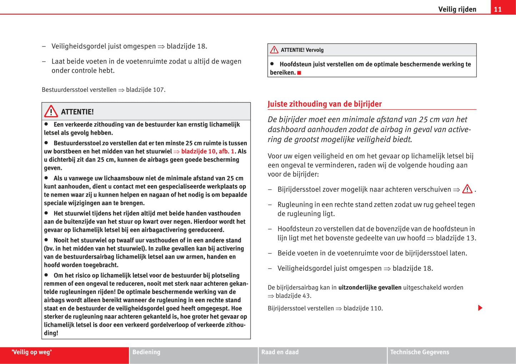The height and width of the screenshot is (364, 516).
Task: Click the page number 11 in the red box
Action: click(x=498, y=9)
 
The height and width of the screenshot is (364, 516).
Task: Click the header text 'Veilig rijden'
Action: click(x=457, y=9)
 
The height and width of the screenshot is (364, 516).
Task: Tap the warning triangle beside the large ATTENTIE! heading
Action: click(x=51, y=111)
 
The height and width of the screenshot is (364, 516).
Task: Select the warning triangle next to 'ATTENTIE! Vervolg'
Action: click(x=274, y=50)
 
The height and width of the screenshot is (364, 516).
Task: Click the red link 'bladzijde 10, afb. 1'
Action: click(x=207, y=151)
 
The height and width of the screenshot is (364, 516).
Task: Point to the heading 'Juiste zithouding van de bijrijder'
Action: click(x=325, y=104)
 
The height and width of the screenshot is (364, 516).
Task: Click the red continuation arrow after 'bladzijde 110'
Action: click(x=480, y=308)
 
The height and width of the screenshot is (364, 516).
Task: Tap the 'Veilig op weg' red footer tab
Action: click(x=31, y=352)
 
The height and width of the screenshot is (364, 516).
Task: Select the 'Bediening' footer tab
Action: click(x=146, y=352)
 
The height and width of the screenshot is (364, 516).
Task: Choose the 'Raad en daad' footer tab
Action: click(x=280, y=352)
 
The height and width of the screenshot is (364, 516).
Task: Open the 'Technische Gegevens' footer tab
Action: click(x=420, y=352)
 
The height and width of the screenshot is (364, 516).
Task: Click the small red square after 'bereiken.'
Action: click(x=299, y=73)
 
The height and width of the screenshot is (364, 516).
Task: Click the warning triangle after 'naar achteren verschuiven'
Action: click(x=467, y=189)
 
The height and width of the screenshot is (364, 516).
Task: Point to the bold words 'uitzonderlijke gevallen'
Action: click(x=370, y=288)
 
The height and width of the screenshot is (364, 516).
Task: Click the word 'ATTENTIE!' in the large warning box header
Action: click(x=77, y=112)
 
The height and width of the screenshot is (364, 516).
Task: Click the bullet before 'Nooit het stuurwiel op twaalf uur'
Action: click(x=46, y=240)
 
